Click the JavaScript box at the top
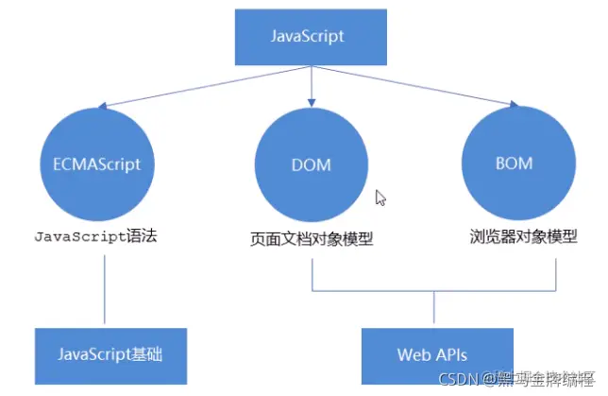click(308, 37)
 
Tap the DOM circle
click(311, 164)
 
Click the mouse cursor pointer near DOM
click(380, 198)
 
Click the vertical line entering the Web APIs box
click(433, 309)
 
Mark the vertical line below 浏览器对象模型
click(555, 270)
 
